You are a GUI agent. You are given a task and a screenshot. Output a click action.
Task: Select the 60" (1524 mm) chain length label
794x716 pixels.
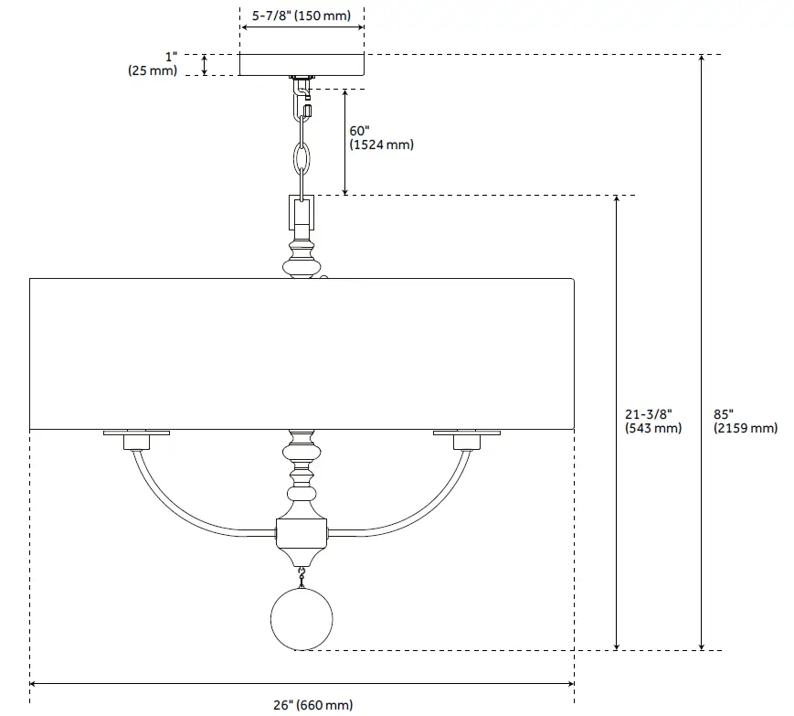coord(381,137)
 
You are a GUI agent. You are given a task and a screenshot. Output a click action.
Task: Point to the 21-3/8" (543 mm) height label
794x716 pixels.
coord(653,421)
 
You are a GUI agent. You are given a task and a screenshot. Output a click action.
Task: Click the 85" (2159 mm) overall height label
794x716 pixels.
coord(745,421)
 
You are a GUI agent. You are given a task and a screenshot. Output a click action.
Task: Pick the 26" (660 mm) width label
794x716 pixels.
coord(312,704)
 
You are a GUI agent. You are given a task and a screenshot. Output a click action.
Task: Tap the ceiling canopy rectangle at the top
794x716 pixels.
coord(302,64)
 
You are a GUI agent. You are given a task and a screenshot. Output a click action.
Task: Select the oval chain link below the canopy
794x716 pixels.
coord(302,158)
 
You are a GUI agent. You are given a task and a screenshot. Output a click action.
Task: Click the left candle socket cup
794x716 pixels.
coord(136,443)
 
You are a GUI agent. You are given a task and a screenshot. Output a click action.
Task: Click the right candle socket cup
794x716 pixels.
coord(467,443)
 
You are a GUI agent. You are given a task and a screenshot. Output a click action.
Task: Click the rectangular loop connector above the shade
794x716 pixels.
coord(302,214)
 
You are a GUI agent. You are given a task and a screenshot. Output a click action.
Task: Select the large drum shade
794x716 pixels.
coord(302,352)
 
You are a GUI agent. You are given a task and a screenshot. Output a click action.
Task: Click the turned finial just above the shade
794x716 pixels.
coord(302,259)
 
